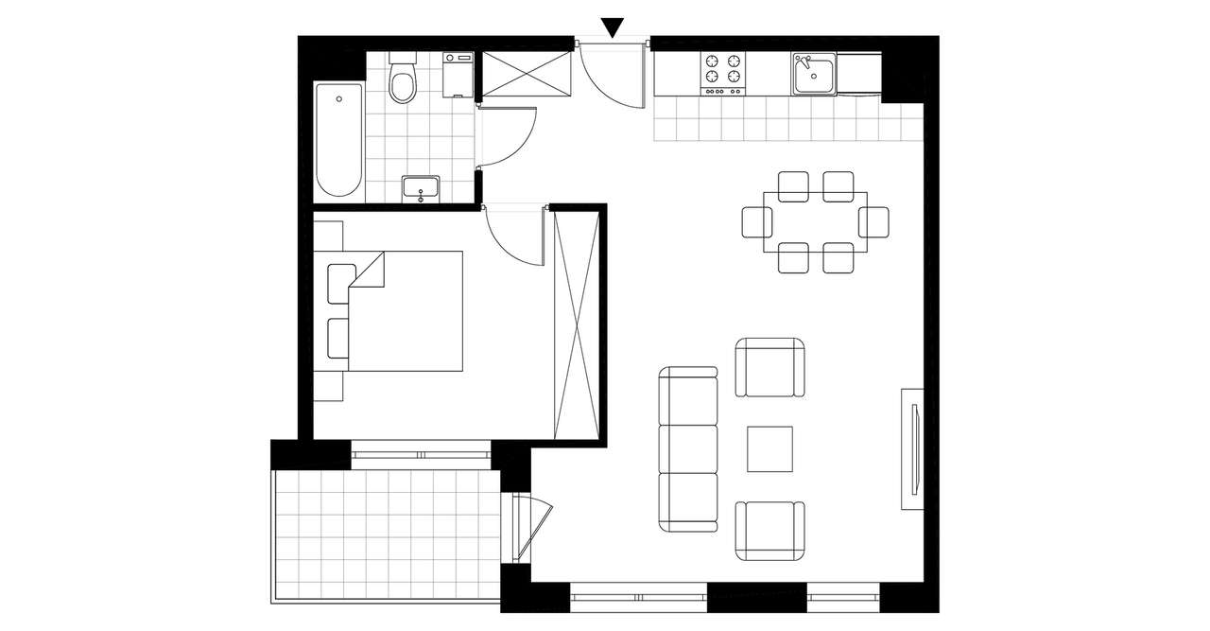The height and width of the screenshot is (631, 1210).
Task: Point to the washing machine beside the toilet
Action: pos(458,75)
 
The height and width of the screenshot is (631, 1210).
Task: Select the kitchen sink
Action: pos(814,74)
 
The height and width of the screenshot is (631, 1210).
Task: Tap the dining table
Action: pos(815,222)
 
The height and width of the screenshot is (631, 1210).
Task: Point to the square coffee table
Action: pos(769,448)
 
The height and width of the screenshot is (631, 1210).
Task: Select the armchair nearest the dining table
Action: pos(770,368)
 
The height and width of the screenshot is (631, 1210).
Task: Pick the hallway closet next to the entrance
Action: pos(527,74)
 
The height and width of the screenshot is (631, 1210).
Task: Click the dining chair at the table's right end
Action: pos(875,222)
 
